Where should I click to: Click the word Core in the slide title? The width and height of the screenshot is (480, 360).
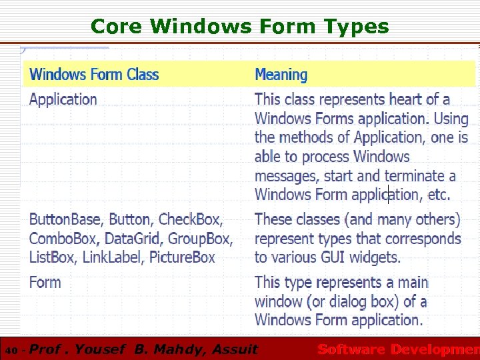tap(117, 27)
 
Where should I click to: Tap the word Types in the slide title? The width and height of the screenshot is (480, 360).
tap(357, 27)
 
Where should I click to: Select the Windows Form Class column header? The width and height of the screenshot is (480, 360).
tap(94, 74)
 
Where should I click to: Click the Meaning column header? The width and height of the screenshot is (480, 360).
tap(281, 75)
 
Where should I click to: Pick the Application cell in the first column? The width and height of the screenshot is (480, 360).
tap(63, 100)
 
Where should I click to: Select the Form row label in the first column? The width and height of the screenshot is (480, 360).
tap(45, 283)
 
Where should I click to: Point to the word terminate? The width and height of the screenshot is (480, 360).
tap(413, 176)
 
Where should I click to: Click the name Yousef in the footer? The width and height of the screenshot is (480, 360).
tap(101, 349)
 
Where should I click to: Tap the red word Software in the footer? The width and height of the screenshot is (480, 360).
tap(351, 349)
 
